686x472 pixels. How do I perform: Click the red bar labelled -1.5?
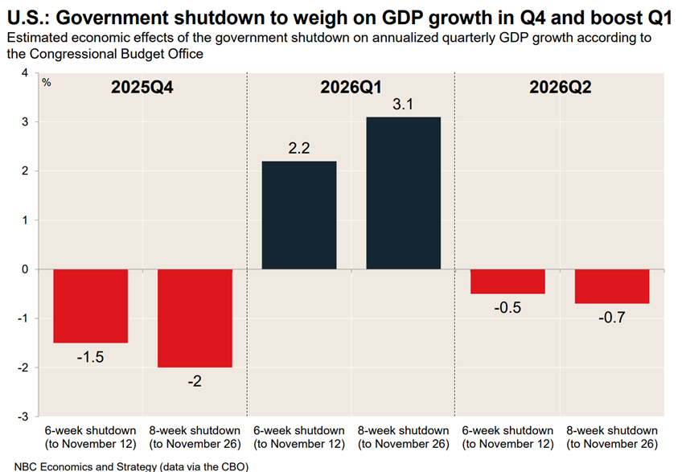(x=91, y=306)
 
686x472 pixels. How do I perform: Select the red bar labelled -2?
(x=195, y=318)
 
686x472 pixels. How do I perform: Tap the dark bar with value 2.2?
(x=299, y=215)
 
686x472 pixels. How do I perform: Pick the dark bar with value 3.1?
(x=403, y=193)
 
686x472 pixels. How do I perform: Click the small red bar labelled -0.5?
(x=507, y=281)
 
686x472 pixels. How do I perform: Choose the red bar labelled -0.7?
(x=612, y=286)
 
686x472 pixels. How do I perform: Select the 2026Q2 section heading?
(x=560, y=88)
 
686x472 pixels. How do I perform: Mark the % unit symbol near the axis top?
(x=47, y=82)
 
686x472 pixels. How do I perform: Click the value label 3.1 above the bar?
(x=403, y=105)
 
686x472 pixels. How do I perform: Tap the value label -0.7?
(x=612, y=317)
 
